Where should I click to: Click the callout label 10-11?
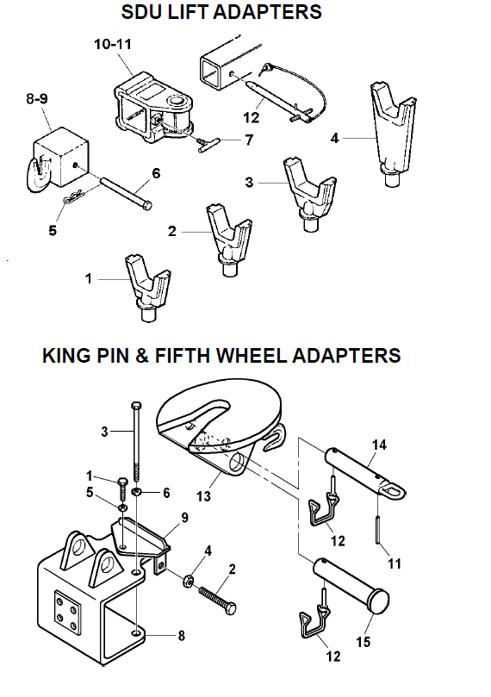coord(113,45)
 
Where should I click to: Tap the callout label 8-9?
coord(37,98)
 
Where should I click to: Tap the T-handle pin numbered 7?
coord(209,144)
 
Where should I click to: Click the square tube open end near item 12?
coord(212,72)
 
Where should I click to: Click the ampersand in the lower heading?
coord(141,356)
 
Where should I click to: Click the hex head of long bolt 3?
coord(136,406)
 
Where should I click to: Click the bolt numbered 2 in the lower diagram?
coord(217,600)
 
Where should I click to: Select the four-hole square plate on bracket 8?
coord(67,610)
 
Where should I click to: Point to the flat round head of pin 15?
coord(376,601)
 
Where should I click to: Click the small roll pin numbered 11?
coord(377,528)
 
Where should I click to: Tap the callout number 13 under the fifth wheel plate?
coord(203,495)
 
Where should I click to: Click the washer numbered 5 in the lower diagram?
coord(122,507)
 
